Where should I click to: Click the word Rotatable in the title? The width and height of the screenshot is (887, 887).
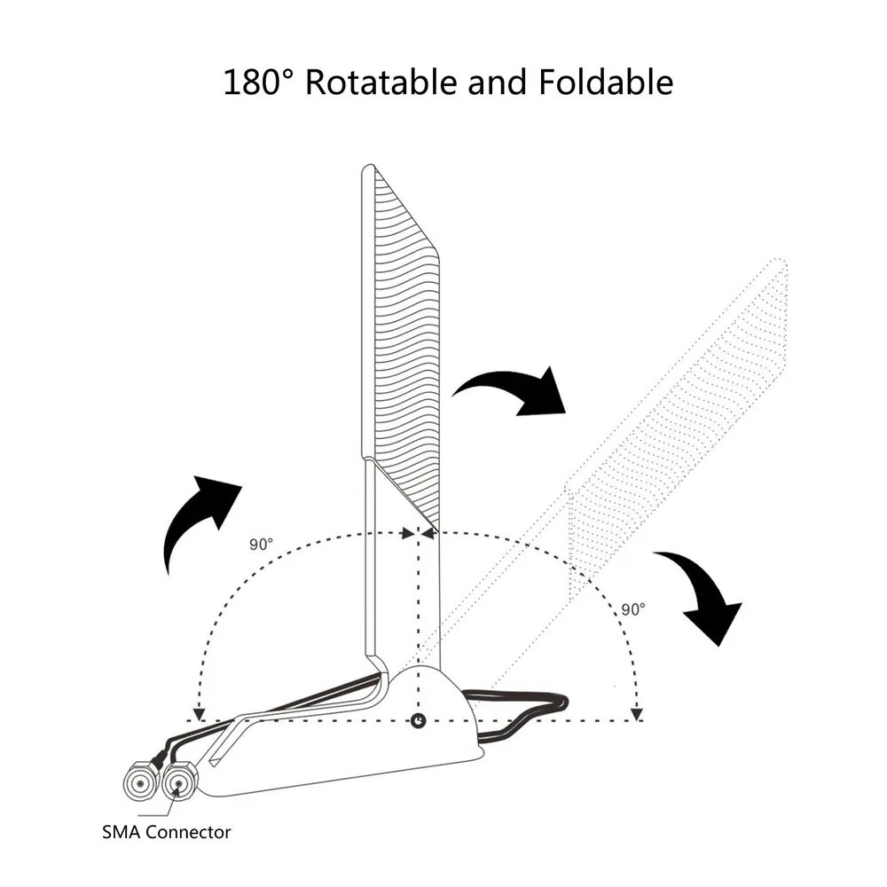(x=381, y=82)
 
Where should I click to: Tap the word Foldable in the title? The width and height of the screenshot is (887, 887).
(x=606, y=82)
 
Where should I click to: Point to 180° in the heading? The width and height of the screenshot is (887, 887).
(x=259, y=82)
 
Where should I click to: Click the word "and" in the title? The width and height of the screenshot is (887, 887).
(x=498, y=82)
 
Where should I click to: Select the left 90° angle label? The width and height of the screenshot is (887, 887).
(x=262, y=545)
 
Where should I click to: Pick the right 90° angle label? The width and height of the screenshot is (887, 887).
(x=633, y=609)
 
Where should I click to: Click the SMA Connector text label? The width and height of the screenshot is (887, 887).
(x=167, y=832)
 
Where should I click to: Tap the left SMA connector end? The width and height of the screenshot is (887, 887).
(x=139, y=782)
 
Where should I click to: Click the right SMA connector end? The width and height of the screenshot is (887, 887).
(x=180, y=783)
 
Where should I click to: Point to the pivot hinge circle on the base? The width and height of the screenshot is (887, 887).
(x=418, y=720)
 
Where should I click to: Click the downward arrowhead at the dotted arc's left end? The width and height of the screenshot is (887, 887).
(x=199, y=714)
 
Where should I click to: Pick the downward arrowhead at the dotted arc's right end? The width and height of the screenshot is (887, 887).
(x=637, y=714)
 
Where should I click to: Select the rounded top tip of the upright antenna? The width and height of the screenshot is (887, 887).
(x=369, y=168)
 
